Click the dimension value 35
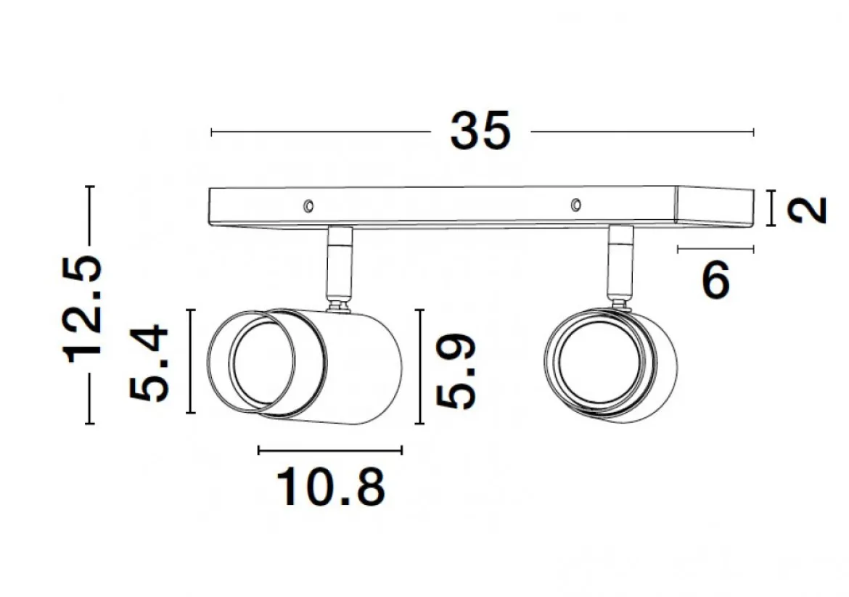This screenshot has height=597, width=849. point(480,131)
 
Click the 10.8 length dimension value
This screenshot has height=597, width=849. point(331,487)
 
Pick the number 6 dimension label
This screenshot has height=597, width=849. point(715,279)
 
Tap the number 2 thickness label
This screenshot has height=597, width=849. point(808,210)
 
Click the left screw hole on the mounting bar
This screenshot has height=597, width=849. point(308,206)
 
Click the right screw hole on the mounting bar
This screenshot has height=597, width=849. point(576,205)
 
